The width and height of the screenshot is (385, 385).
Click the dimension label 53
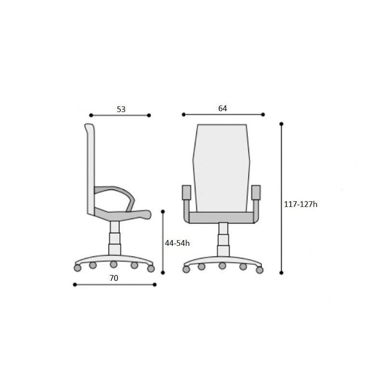[x=121, y=109]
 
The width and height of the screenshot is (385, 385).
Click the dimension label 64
[x=223, y=108]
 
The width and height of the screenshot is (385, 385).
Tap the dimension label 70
[x=114, y=278]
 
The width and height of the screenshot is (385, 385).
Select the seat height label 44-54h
[x=177, y=243]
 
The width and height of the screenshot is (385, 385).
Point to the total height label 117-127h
[x=300, y=204]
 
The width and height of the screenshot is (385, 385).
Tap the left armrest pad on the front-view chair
[x=186, y=192]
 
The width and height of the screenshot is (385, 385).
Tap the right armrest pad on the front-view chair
[x=256, y=192]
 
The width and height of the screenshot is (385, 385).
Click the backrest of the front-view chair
[x=221, y=168]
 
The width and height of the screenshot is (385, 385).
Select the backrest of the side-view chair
[x=90, y=169]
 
